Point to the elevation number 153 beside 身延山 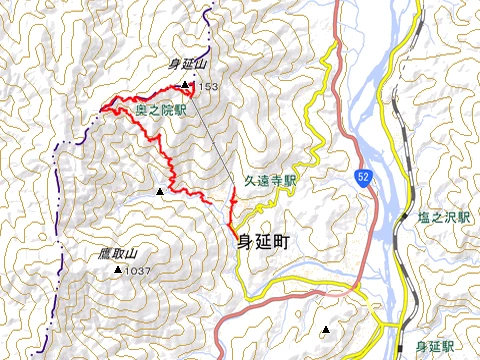pos(206,88)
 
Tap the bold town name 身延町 pos(267,242)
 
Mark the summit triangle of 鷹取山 pos(118,270)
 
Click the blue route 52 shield pos(361,177)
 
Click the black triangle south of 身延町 pos(325,329)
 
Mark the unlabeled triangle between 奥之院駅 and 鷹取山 pos(159,190)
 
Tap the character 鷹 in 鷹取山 pos(104,254)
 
